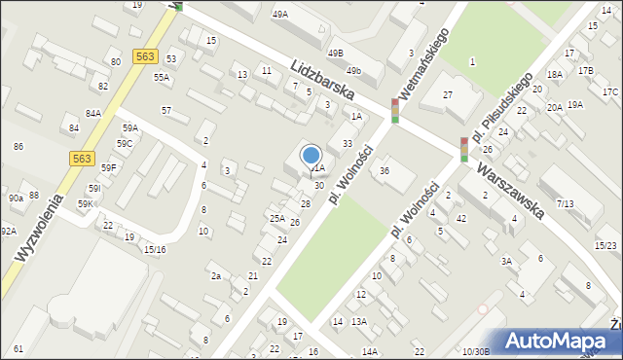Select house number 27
point(448,94)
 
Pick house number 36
point(385,171)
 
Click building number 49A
point(280,15)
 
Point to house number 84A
point(93,113)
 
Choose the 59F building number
point(109,167)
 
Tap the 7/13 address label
point(565,203)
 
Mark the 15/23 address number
point(607,245)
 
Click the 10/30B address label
point(476,350)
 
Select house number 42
point(461,218)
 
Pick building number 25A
point(277,218)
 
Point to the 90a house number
point(16,198)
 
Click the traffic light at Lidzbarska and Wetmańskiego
point(395,111)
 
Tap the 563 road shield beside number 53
point(146,57)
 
